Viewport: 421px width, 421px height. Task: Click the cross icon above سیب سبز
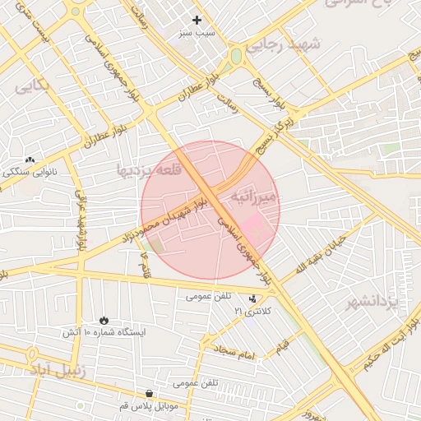197,20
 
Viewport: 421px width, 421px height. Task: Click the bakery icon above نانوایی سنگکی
30,160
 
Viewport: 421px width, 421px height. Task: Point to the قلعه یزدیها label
142,171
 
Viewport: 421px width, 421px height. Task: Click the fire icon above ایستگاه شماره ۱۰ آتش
104,319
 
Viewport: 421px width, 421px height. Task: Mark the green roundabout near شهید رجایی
236,57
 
